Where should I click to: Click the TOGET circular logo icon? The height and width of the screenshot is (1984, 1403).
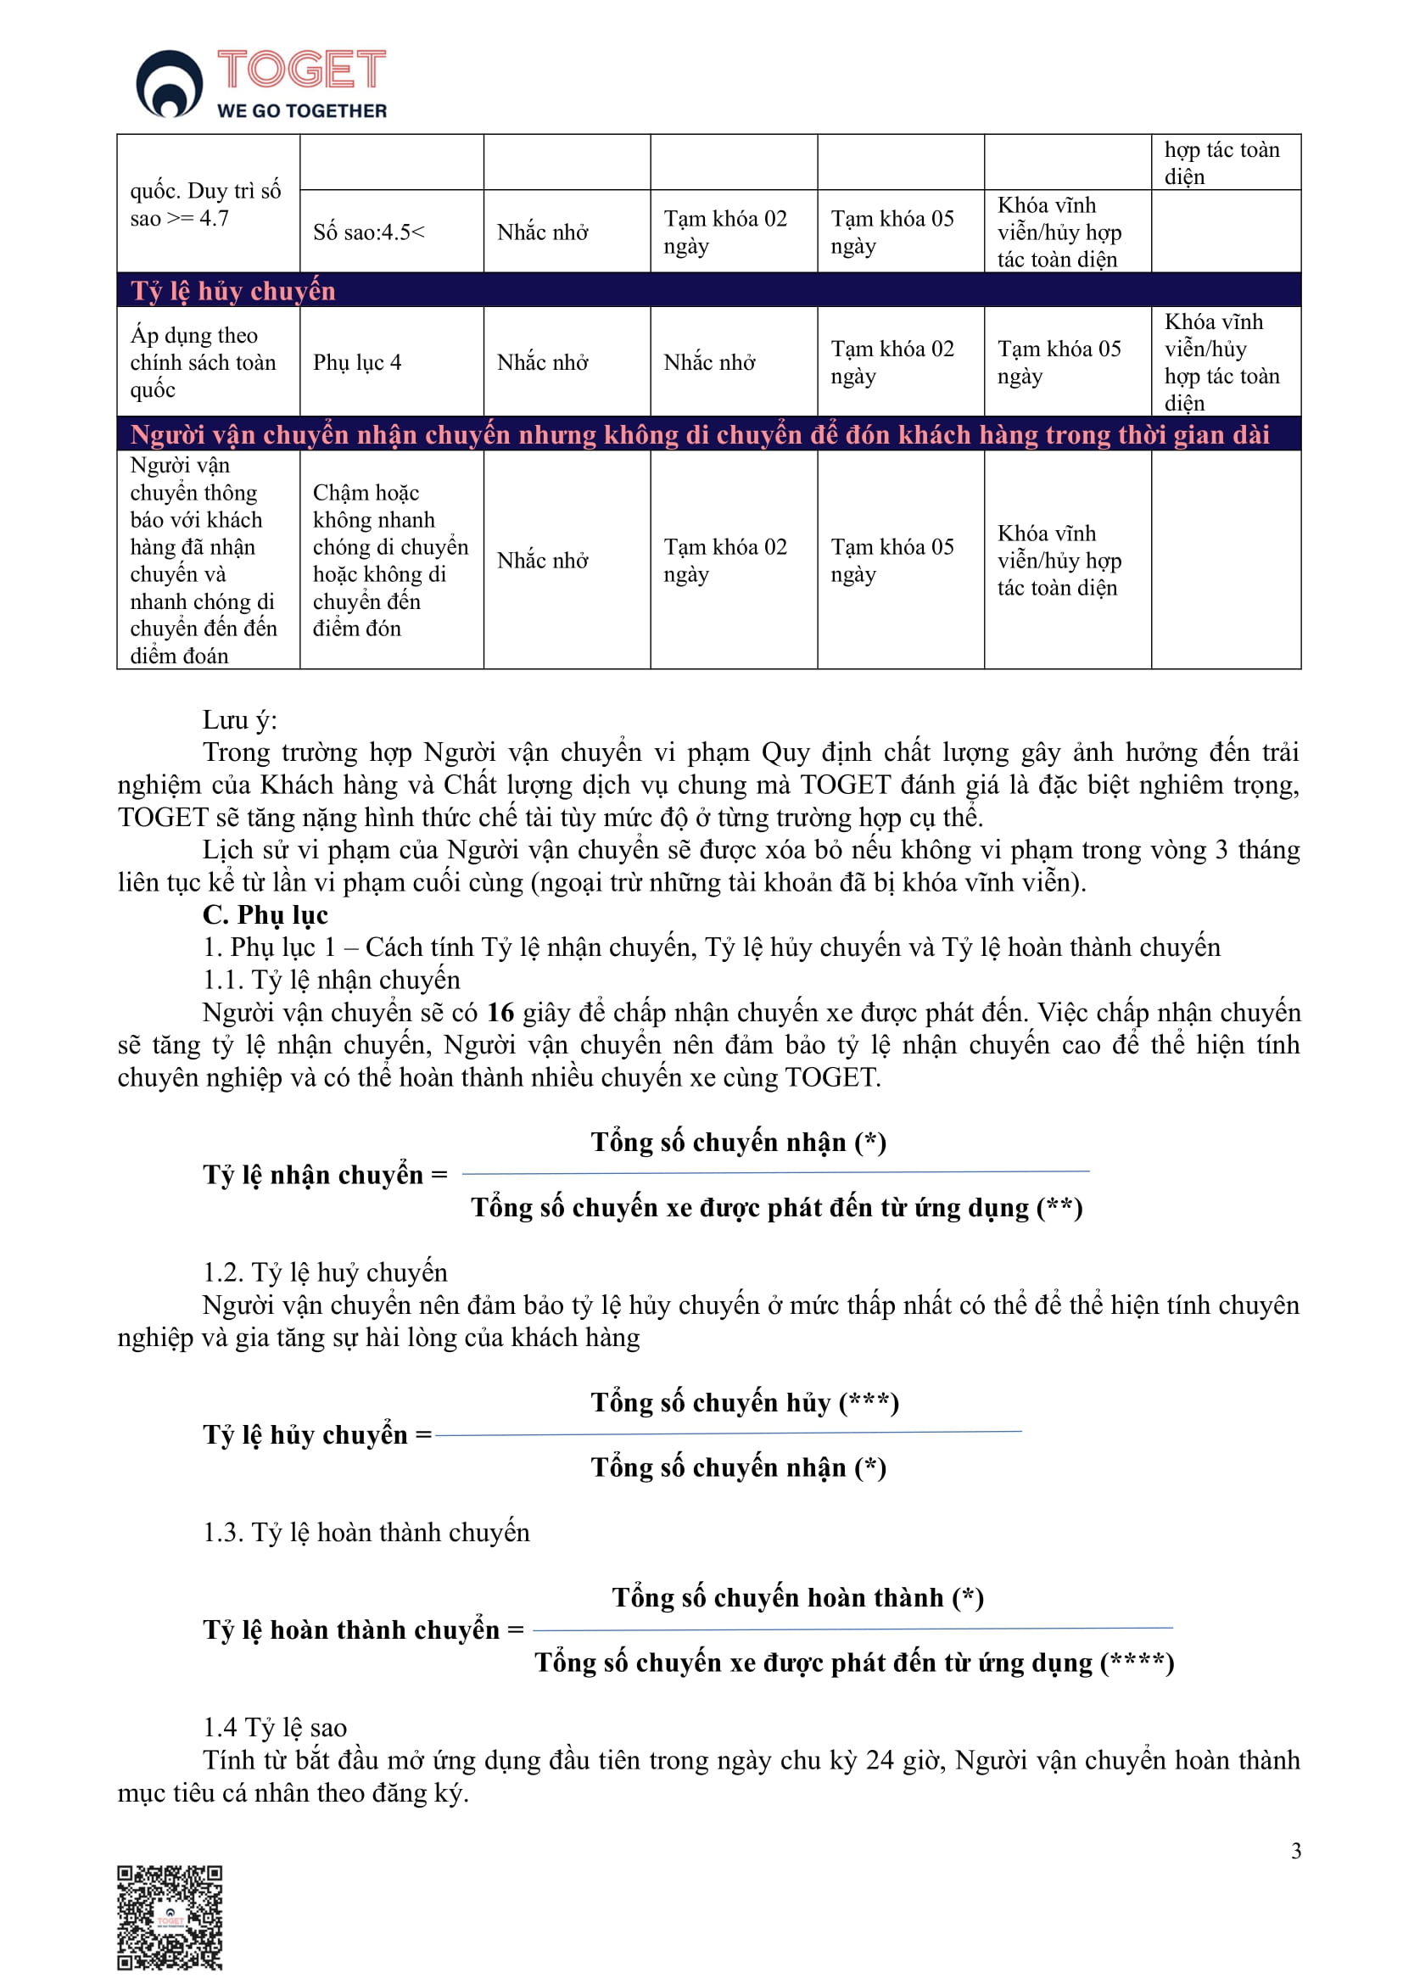pos(170,83)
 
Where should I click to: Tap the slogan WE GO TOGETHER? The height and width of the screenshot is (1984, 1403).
pos(301,110)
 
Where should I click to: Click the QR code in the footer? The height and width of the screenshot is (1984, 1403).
pos(170,1917)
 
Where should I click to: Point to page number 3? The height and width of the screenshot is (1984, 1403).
pos(1295,1850)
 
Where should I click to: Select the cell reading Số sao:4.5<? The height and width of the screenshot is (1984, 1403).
pos(369,232)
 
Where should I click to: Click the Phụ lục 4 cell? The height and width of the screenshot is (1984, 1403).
pos(357,362)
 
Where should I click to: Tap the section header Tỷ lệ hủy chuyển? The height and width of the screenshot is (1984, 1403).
pos(232,291)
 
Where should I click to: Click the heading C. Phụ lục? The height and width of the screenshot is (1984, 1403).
pos(266,914)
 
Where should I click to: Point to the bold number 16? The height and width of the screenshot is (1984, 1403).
pos(500,1012)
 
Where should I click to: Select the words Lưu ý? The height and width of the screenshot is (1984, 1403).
pos(239,720)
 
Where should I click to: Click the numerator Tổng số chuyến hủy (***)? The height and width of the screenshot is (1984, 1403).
pos(745,1401)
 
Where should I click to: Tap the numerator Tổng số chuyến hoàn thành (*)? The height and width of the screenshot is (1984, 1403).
pos(797,1597)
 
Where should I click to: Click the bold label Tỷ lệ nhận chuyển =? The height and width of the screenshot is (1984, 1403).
pos(325,1175)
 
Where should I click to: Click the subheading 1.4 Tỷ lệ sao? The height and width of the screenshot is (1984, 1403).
pos(275,1727)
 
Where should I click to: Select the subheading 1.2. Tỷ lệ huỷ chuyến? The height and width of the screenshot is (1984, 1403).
pos(325,1272)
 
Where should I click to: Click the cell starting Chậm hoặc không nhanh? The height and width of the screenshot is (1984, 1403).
pos(390,560)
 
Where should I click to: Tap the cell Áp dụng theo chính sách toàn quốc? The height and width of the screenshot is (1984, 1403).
pos(203,362)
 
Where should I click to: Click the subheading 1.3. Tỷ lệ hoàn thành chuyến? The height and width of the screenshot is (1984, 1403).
pos(366,1532)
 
